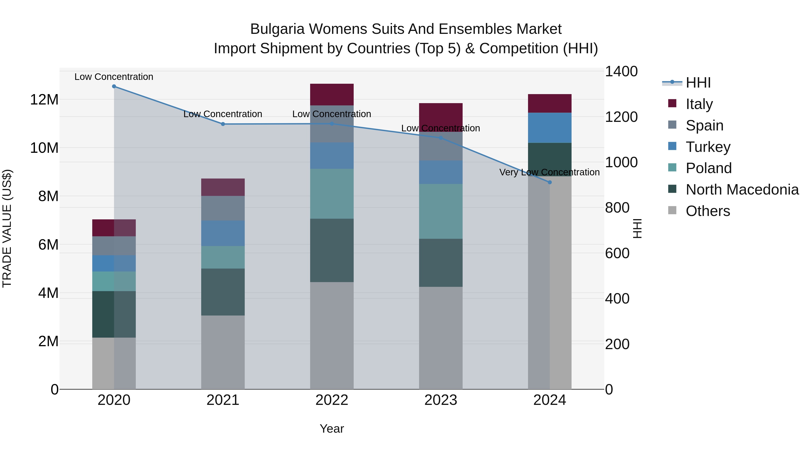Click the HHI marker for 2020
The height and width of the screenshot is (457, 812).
pos(114,86)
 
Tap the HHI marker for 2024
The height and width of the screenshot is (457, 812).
pos(550,182)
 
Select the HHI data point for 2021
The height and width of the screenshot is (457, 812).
pos(223,124)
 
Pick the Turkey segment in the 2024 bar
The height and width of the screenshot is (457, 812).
pos(550,128)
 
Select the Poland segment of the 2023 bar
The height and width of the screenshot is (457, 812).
pos(441,211)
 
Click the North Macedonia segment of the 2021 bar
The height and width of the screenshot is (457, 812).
pos(223,292)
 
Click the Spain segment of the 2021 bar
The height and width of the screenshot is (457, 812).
pos(223,208)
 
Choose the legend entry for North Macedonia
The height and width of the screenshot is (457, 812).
pos(742,190)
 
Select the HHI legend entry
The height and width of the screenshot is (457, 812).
pos(698,83)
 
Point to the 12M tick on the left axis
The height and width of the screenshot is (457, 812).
pos(44,100)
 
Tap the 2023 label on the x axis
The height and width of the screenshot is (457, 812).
pos(441,400)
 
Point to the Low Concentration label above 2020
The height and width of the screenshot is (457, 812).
pos(114,77)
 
